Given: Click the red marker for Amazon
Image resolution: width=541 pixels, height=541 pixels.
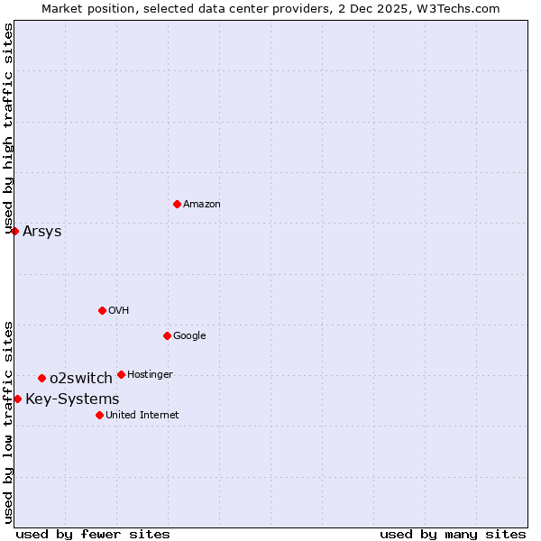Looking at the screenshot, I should point(177,204).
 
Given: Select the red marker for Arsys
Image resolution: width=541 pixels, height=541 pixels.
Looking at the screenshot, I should point(14,231).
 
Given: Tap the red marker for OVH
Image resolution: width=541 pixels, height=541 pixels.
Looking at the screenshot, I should point(102,310).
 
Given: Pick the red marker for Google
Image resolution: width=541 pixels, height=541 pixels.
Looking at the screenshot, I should point(167,335).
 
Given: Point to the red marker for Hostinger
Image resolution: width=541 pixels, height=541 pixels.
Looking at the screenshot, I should point(121,374).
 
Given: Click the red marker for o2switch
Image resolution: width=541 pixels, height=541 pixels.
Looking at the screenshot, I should point(41,378).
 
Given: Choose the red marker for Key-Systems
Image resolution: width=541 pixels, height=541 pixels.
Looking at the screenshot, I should point(17,399).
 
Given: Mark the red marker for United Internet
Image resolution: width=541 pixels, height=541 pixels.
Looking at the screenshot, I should point(99,415).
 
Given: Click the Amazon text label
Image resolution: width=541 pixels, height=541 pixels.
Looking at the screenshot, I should point(202,205).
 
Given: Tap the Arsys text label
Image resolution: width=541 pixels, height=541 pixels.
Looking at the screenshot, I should point(42,232).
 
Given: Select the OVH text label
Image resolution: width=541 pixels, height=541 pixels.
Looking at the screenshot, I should point(119,311).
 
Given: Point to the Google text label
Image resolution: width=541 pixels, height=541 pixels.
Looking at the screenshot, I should point(189,336).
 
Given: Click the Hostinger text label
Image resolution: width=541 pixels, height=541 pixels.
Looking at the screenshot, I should point(150,375).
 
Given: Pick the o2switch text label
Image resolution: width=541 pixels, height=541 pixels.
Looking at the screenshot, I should point(81,379).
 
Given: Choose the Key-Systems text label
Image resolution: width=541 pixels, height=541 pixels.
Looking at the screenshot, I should point(72,399).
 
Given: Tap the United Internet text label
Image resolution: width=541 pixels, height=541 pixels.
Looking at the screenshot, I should point(142,416).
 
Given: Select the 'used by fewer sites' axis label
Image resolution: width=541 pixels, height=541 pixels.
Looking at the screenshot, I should point(93,534).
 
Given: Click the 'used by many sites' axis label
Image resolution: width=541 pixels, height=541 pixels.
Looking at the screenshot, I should point(453,534).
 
